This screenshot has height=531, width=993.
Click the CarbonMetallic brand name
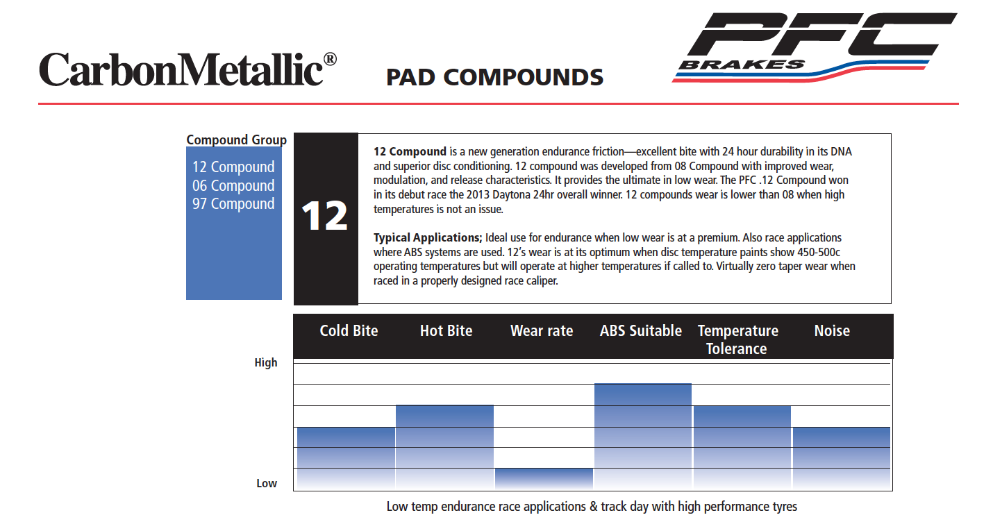pos(187,69)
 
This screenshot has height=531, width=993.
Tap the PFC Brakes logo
pos(814,47)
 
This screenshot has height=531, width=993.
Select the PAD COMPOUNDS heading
pos(494,77)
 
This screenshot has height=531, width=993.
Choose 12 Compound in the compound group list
pos(233,167)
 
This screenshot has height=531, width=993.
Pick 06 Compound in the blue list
pos(233,185)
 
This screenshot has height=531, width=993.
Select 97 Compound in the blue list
pos(233,204)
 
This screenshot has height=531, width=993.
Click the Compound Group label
pos(236,140)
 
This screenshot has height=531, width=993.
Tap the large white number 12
pos(324,216)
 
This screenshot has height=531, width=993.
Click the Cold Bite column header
pos(349,330)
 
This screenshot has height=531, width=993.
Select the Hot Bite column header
pos(446,330)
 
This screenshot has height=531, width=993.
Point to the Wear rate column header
pos(542,330)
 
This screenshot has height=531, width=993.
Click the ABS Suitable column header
pos(640,330)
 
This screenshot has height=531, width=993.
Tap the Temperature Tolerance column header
pos(737,339)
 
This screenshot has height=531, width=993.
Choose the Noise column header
pos(832,330)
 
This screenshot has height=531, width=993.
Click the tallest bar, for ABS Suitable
pos(643,437)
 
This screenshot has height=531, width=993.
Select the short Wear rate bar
pos(544,479)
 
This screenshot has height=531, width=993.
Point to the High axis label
pos(265,362)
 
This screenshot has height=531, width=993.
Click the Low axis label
pos(267,483)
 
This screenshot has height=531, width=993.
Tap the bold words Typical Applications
pos(427,237)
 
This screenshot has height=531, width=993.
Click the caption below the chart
pos(592,507)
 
